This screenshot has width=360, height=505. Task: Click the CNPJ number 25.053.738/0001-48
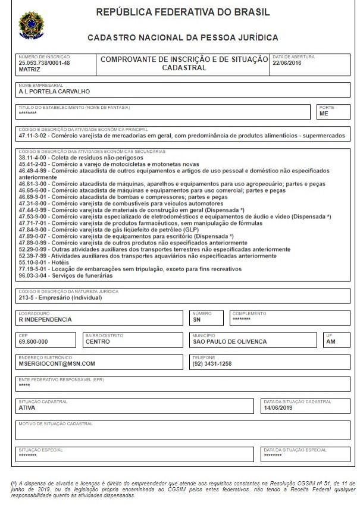[x=44, y=62]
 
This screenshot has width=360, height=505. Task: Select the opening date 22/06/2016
[x=288, y=62]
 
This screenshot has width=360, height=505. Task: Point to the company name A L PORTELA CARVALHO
[x=55, y=92]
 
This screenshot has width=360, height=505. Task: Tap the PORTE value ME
[x=324, y=114]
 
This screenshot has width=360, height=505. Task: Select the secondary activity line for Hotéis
[x=42, y=262]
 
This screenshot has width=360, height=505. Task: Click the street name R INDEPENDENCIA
[x=45, y=319]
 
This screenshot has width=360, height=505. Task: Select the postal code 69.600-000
[x=33, y=342]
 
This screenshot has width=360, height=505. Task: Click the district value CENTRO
[x=98, y=342]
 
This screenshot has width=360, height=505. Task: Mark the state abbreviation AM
[x=330, y=342]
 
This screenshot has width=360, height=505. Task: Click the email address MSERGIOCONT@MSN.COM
[x=57, y=363]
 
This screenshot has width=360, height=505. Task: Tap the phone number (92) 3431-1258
[x=212, y=363]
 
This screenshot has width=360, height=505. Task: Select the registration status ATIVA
[x=27, y=408]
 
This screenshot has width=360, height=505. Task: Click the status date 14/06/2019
[x=279, y=408]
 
